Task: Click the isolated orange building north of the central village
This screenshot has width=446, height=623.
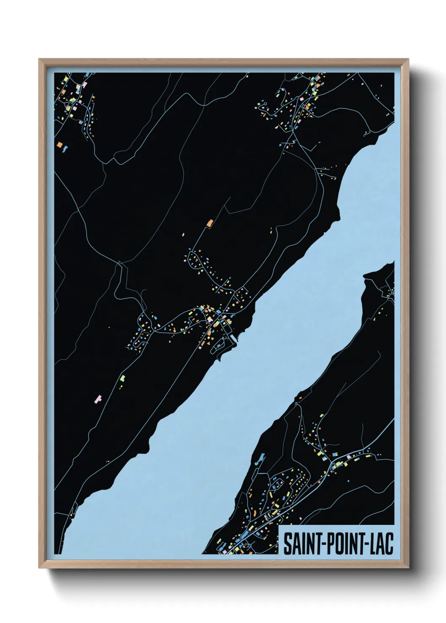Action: coord(210,223)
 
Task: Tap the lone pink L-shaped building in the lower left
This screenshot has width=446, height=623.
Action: coord(99,398)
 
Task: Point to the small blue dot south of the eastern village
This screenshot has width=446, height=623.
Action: coord(349,480)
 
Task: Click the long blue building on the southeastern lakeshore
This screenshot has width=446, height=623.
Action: coord(261,457)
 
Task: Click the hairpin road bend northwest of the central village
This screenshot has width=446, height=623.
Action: coord(121,264)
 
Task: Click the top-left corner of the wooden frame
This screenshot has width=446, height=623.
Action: coord(39,60)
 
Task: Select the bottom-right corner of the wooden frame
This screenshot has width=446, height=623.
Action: coord(409,567)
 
